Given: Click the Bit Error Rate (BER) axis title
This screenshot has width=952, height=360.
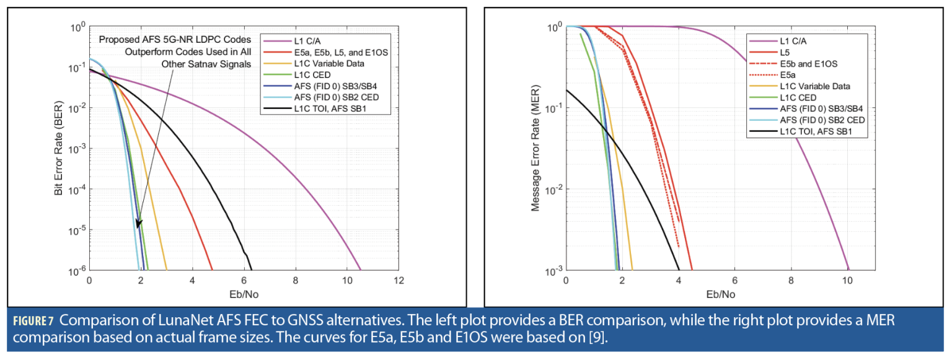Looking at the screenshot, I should [59, 148].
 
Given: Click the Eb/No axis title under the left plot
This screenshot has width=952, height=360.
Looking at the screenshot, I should [244, 294].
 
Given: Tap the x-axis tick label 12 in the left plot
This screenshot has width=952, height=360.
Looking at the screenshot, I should [400, 281].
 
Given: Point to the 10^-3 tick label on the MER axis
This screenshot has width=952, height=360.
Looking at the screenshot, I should [552, 271].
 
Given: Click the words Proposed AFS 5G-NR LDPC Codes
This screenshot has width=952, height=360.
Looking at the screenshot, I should [175, 40].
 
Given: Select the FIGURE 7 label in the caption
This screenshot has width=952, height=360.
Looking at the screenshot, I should [34, 321].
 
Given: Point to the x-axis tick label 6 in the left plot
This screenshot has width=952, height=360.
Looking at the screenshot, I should [244, 281].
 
